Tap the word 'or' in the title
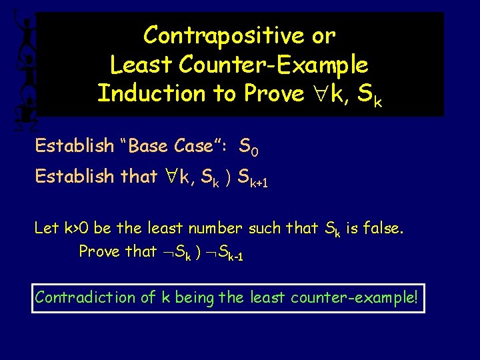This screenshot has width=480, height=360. click(x=323, y=35)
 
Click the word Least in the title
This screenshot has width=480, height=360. click(x=135, y=65)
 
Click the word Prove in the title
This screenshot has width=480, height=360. click(x=273, y=93)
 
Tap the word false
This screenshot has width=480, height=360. click(x=382, y=228)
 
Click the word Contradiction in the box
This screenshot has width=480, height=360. click(x=87, y=297)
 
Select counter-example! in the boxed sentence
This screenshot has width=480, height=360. click(x=355, y=297)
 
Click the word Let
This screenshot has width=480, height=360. click(x=47, y=228)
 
